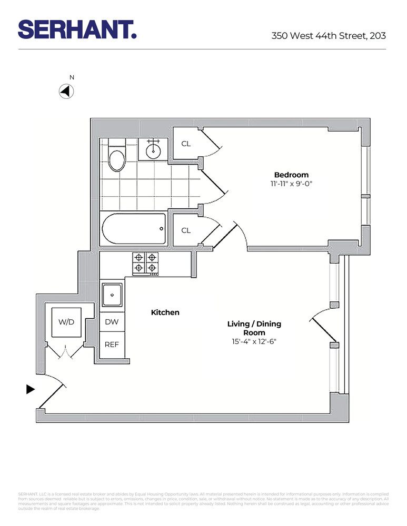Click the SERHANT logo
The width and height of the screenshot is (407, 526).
click(x=77, y=29)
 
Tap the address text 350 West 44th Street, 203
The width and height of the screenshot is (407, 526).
click(x=329, y=36)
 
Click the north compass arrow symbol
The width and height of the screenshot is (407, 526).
click(x=66, y=92)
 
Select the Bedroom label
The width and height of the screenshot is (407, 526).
click(x=291, y=175)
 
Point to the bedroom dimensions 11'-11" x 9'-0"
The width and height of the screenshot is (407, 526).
click(x=291, y=184)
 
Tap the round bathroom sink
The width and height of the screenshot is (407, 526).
click(x=153, y=150)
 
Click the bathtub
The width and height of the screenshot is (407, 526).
click(x=134, y=229)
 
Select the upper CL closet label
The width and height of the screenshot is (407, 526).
click(x=186, y=143)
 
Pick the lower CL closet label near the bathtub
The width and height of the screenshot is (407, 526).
click(x=186, y=230)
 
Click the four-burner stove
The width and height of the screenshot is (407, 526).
click(x=145, y=263)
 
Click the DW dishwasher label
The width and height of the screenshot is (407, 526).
click(x=112, y=322)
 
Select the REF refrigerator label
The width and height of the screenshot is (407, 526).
click(x=112, y=345)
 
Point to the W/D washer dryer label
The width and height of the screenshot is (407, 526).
click(x=66, y=322)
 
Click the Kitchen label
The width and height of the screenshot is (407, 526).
click(x=165, y=312)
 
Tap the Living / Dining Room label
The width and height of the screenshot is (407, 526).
click(x=254, y=328)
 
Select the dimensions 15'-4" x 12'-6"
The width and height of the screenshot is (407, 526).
click(x=254, y=341)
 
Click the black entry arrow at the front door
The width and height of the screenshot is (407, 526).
click(x=31, y=389)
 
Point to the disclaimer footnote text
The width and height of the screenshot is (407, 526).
click(x=203, y=501)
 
